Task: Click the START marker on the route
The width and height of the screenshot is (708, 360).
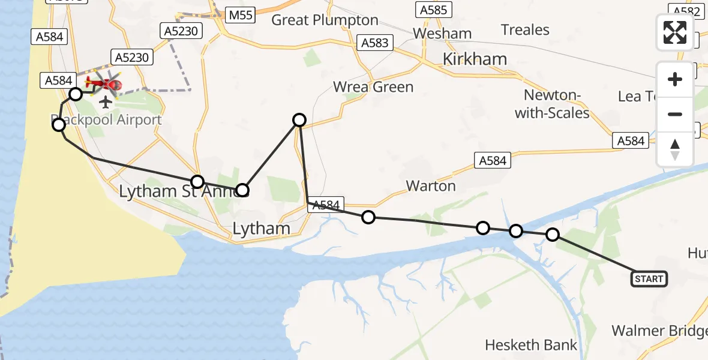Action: pos(649,279)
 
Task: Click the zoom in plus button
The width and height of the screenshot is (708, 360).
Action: pos(675,79)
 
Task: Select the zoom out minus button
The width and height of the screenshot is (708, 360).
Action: pos(675,114)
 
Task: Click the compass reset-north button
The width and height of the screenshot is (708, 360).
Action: pos(675,149)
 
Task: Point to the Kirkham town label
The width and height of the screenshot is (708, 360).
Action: pos(475,59)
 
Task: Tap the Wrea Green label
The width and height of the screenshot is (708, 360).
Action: pos(373,87)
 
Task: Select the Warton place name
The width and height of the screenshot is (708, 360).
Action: pos(431,186)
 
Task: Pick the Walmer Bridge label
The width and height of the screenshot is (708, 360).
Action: pos(659,331)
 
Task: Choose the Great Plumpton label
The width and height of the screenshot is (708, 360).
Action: pos(325,20)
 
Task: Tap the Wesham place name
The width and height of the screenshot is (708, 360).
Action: pos(443,34)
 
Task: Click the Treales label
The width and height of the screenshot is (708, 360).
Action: pos(525,30)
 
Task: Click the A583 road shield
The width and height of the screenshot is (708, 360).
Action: pos(375,43)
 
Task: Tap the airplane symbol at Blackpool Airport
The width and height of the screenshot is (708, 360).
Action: pos(106,102)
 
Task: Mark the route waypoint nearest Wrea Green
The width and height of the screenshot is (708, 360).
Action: pos(299,120)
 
